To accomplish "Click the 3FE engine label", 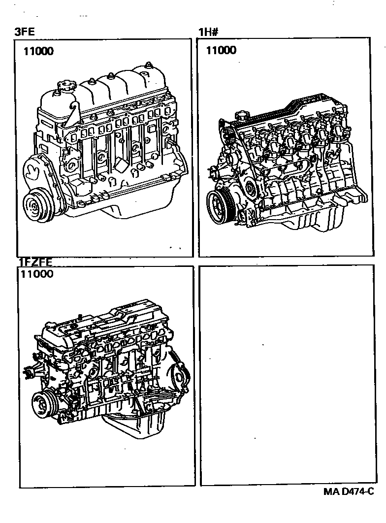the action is point(24,32).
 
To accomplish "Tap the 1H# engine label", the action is point(208,32).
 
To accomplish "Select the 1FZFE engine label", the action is point(35,262).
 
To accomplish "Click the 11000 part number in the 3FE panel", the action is point(38,51).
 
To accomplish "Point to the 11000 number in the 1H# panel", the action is point(221,50).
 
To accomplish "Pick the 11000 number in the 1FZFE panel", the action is point(37,274).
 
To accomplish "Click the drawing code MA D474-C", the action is point(348,491).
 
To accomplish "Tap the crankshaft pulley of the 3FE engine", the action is point(35,203).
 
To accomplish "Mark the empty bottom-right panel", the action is point(288,375).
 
